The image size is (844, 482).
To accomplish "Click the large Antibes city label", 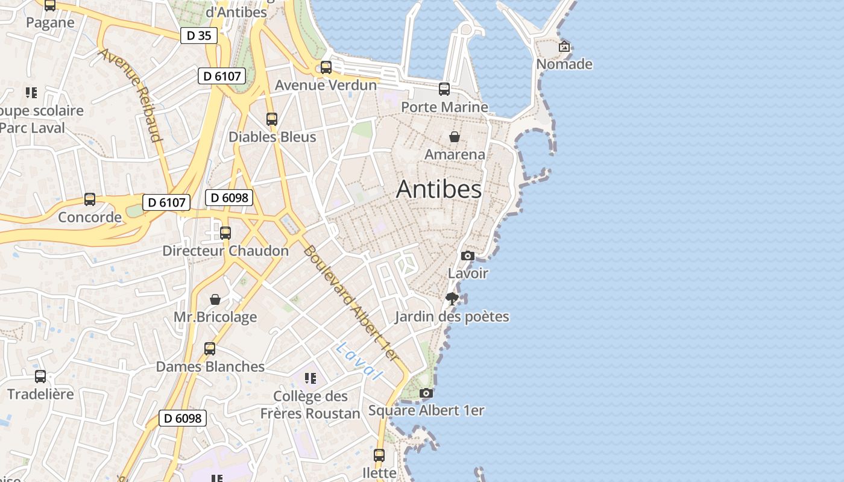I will (x=439, y=190).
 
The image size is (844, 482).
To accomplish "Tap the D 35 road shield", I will (x=198, y=36).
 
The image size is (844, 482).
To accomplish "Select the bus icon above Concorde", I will (x=90, y=199).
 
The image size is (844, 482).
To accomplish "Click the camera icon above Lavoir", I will (x=467, y=255).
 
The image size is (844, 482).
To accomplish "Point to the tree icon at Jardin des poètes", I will (x=452, y=298).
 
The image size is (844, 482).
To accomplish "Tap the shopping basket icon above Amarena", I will (x=455, y=137).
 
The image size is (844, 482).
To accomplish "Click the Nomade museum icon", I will (x=564, y=46).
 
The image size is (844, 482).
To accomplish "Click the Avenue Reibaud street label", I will (x=131, y=95).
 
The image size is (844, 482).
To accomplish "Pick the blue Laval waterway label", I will (x=361, y=361).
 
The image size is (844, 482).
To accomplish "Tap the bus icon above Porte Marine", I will (x=444, y=89).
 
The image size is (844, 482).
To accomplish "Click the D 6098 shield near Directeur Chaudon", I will (x=228, y=197).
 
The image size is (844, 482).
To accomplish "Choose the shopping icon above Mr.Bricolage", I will (x=215, y=299).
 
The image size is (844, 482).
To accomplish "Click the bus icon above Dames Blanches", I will (x=210, y=348).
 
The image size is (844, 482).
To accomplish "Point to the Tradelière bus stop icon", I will (x=40, y=377).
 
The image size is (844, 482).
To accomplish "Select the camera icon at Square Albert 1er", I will (x=426, y=393).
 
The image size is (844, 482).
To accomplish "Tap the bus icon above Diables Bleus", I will (x=272, y=119).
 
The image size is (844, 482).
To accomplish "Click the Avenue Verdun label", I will (x=326, y=86).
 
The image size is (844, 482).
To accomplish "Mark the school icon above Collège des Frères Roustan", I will (x=310, y=378).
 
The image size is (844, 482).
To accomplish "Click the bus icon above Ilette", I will (x=379, y=455).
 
